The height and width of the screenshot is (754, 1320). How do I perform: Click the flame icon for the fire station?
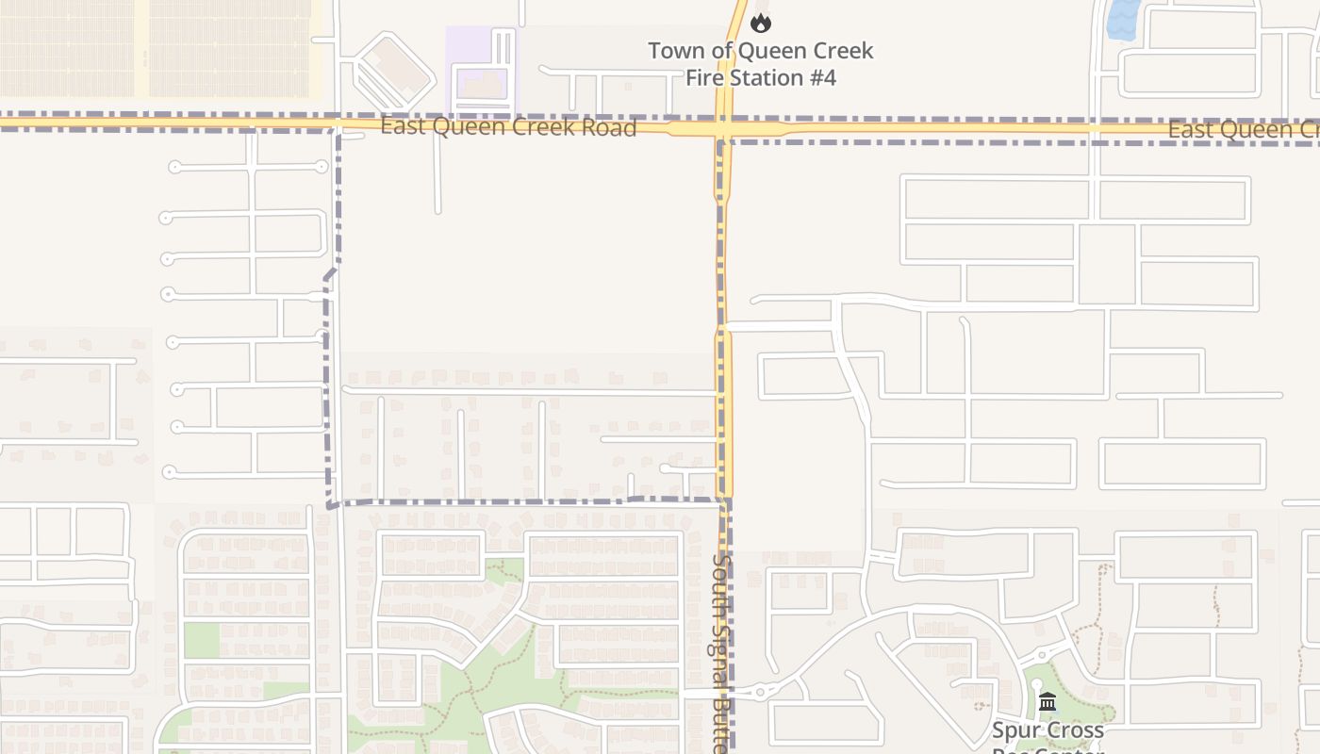[761, 23]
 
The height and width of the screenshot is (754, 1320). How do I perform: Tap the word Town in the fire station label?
[674, 51]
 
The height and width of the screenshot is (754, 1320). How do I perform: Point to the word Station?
[761, 77]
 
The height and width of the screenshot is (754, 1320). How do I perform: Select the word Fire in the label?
[703, 77]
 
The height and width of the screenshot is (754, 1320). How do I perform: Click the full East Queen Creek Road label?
[508, 127]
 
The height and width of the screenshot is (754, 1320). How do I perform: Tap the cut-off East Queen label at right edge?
[1243, 130]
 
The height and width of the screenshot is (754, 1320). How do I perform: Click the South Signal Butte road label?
[721, 650]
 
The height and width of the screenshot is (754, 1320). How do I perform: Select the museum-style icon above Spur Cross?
[1047, 702]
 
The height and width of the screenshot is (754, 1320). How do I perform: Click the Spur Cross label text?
[1047, 730]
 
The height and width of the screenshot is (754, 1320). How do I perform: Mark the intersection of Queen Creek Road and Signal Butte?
[723, 128]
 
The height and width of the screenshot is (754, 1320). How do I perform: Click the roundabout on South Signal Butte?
[760, 693]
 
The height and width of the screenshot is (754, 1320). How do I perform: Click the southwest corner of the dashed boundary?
[331, 504]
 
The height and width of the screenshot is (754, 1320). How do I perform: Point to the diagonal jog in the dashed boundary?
[330, 273]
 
